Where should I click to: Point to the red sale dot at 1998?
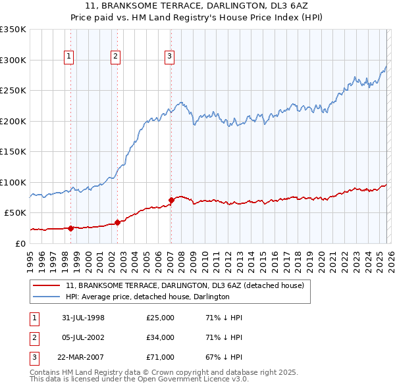71,228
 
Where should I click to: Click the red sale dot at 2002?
117,222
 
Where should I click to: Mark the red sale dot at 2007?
171,200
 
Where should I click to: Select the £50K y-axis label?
16,213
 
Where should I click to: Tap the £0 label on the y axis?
21,243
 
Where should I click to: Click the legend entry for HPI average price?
147,297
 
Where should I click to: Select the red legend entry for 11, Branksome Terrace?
184,286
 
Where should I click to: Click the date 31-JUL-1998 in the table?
83,318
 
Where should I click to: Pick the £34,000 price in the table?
160,337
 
